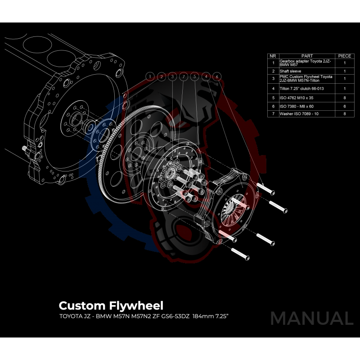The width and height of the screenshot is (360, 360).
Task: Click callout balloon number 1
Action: pyautogui.click(x=150, y=76)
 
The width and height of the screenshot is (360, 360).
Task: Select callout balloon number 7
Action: pyautogui.click(x=183, y=76)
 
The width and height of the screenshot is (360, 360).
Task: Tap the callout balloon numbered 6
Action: pyautogui.click(x=217, y=76)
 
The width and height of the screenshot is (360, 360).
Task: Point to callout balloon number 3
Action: pyautogui.click(x=172, y=76)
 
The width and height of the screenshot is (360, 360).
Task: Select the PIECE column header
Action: pyautogui.click(x=345, y=56)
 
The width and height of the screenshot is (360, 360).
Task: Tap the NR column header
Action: pyautogui.click(x=273, y=56)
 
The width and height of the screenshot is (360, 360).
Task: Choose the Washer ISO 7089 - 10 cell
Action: pyautogui.click(x=300, y=114)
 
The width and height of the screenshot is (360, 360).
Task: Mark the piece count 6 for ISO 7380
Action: pyautogui.click(x=345, y=106)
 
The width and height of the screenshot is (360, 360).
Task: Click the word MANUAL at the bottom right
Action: pyautogui.click(x=311, y=318)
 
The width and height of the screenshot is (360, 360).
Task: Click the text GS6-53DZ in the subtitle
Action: pyautogui.click(x=175, y=316)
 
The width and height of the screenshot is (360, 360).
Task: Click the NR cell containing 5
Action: pyautogui.click(x=273, y=97)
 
